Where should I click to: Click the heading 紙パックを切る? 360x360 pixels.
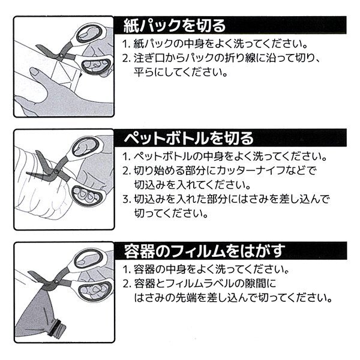[175, 25]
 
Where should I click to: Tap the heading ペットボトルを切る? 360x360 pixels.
[189, 138]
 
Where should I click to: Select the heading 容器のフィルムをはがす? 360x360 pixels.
[205, 251]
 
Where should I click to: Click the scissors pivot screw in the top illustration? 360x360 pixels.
[61, 56]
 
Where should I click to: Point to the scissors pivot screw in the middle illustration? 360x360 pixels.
[56, 171]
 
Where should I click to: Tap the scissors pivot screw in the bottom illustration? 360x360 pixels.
[56, 281]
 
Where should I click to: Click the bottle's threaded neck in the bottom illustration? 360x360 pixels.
[57, 327]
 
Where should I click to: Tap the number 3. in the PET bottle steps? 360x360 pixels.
[127, 199]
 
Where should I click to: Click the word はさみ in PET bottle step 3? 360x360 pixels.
[253, 199]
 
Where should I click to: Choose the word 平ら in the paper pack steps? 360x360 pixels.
[144, 73]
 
